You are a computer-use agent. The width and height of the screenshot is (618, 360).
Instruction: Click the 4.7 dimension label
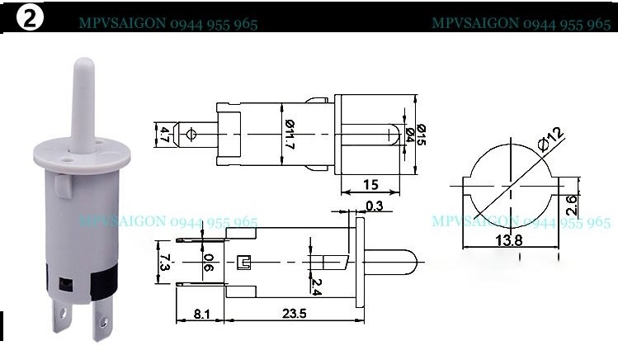(x=165, y=134)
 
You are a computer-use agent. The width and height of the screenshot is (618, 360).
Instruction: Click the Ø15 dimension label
(x=422, y=135)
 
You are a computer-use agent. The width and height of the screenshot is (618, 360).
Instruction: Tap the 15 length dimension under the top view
(x=371, y=185)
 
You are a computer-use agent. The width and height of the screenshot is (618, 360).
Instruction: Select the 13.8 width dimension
(x=507, y=240)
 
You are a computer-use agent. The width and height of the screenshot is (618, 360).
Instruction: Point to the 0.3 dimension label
(x=373, y=206)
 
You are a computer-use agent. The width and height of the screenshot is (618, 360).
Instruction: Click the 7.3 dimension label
(x=165, y=263)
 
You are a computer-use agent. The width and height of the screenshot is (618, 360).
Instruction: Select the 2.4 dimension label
(x=315, y=285)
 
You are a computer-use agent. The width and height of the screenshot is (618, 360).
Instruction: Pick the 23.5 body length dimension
(x=289, y=314)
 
